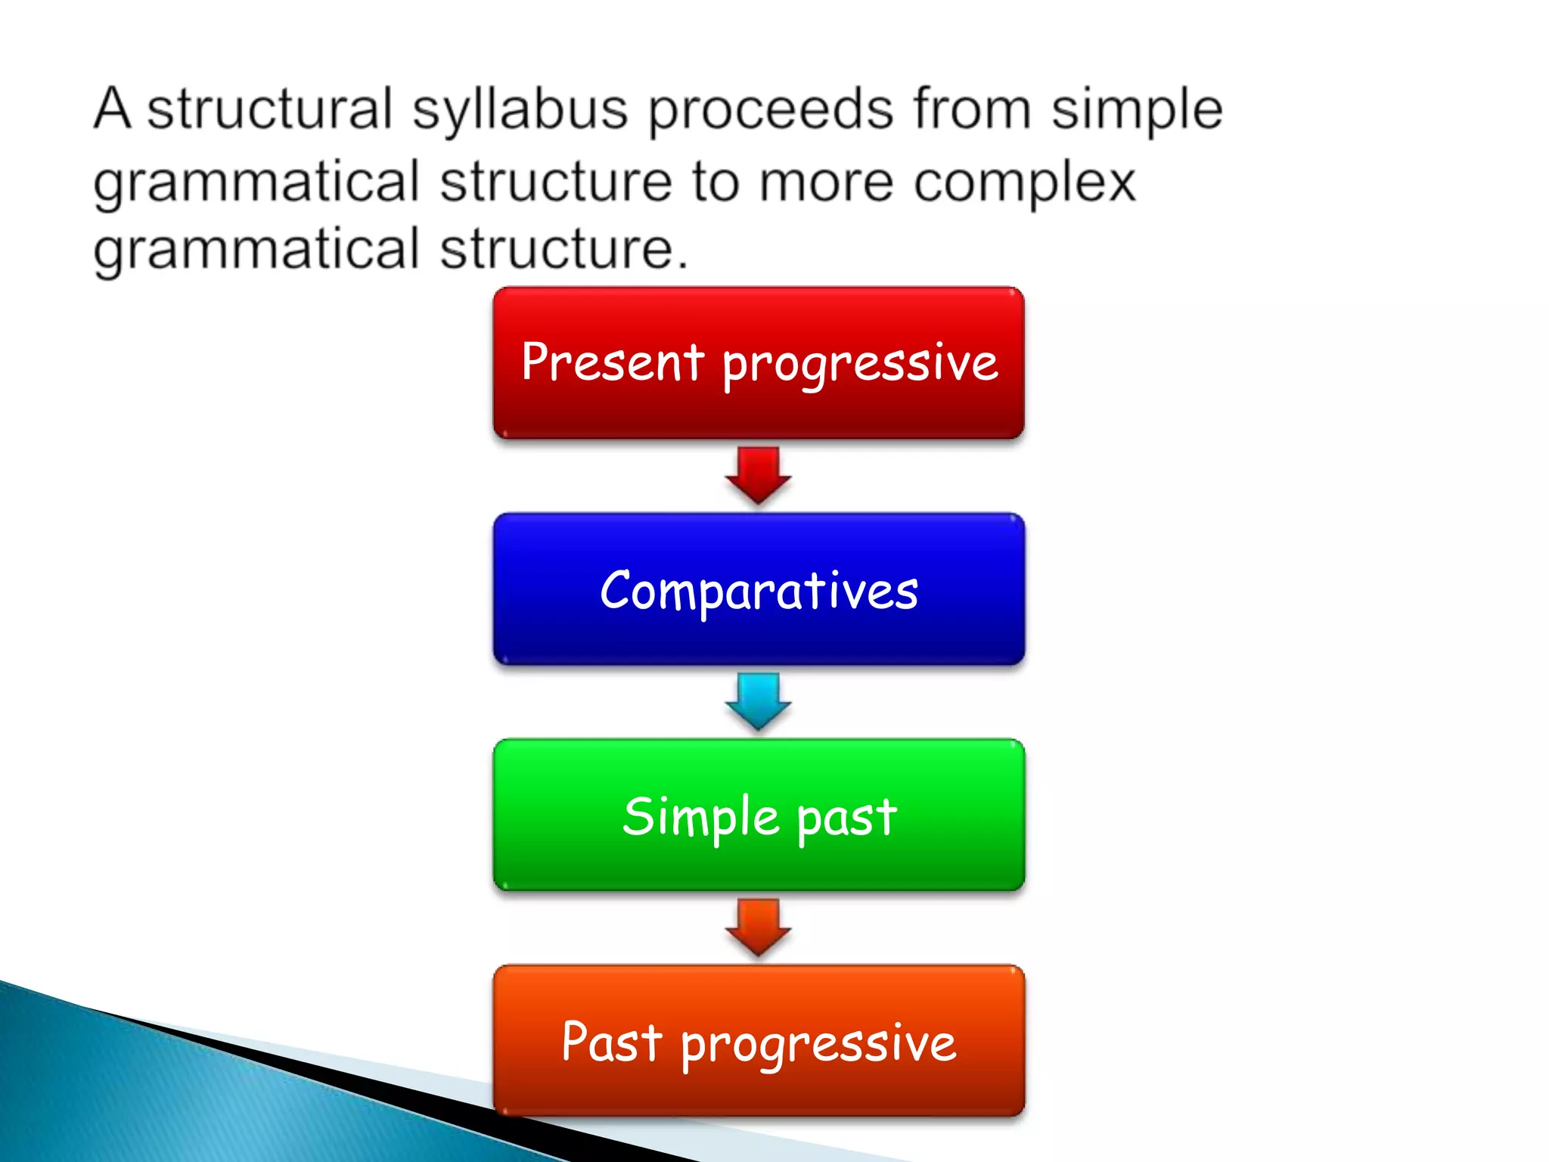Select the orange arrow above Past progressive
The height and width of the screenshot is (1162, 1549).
[759, 927]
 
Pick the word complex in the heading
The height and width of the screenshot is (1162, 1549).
[1025, 183]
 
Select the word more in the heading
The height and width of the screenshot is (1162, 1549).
[826, 183]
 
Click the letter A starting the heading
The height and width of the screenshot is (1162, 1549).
[112, 109]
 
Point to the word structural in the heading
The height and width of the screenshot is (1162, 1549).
[269, 109]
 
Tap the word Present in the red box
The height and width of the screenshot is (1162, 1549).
[613, 362]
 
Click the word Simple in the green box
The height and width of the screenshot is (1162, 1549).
[700, 817]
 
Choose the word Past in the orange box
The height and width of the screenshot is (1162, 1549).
[611, 1042]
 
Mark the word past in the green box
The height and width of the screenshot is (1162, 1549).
[846, 819]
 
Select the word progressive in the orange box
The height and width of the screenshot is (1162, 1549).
[818, 1045]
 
